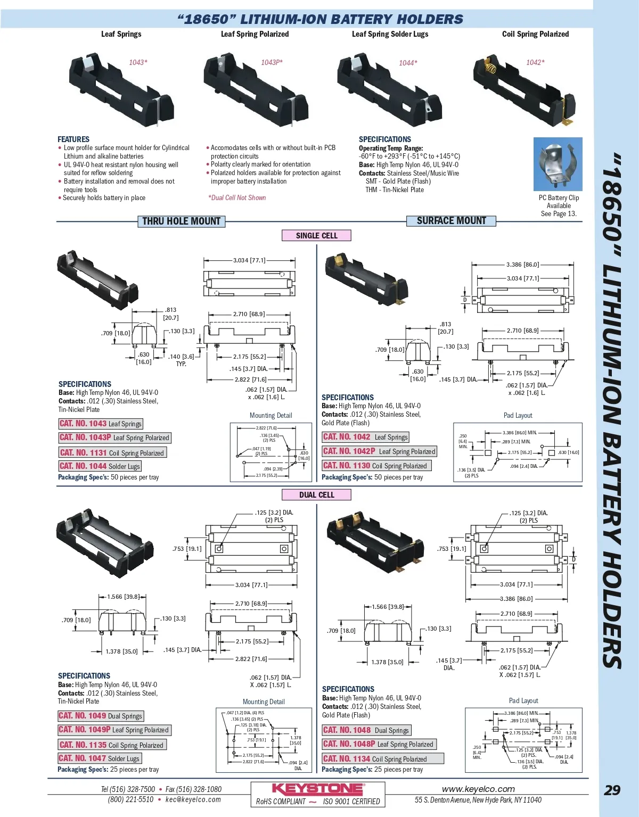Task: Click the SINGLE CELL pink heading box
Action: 316,236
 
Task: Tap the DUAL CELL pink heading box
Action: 316,495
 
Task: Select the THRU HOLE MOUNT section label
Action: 181,221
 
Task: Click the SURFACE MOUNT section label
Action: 451,221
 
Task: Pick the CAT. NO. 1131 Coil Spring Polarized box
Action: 112,453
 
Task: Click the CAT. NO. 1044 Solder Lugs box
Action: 100,466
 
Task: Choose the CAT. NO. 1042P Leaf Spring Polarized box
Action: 379,451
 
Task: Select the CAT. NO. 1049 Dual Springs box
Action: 101,716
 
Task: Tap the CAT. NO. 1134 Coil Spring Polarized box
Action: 382,759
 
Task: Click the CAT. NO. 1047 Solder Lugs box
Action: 99,758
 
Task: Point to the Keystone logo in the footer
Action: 318,789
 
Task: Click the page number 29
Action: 612,790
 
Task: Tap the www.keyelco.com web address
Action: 478,789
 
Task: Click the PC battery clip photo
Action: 558,164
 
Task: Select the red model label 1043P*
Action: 272,63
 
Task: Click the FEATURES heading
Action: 73,139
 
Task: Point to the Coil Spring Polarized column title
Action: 535,34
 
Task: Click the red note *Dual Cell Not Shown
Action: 237,198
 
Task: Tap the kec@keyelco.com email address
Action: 193,799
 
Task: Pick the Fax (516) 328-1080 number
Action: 193,789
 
